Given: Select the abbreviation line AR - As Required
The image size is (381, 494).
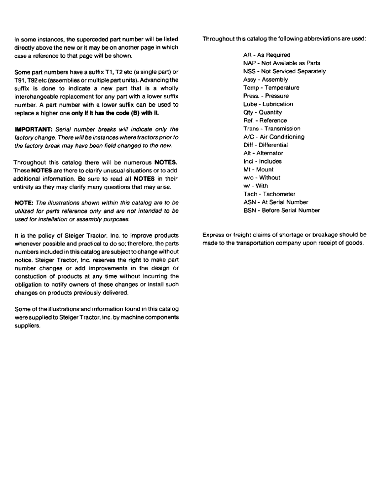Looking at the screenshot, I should [267, 55].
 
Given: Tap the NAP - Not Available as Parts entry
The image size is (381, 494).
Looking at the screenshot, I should [281, 63].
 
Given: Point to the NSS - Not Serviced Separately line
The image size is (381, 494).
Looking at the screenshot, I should [284, 71].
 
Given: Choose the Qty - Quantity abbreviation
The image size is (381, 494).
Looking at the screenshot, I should [263, 112].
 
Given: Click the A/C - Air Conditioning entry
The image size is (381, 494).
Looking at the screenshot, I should [273, 137].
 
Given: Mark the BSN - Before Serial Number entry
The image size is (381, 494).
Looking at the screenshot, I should [281, 210].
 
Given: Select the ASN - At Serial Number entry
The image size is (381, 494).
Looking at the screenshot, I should [275, 202].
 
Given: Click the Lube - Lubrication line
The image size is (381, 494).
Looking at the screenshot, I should [268, 104].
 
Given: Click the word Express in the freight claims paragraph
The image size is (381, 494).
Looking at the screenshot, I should [213, 235].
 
